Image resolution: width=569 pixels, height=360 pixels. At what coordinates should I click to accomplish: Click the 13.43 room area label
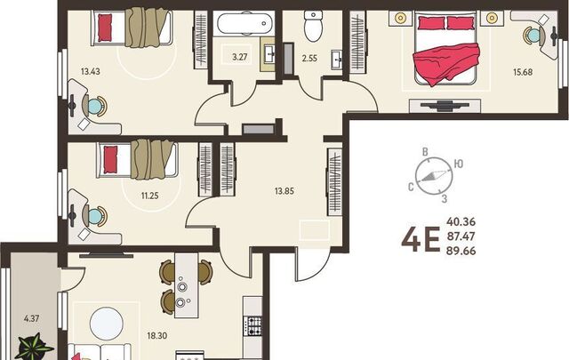(91, 71)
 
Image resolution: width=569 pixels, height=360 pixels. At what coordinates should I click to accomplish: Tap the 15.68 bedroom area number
(523, 72)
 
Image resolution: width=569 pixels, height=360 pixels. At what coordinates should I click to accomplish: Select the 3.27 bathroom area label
(240, 57)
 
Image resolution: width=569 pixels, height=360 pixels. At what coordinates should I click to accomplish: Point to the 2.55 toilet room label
(309, 58)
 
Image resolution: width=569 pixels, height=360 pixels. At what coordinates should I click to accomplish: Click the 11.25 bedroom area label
(150, 196)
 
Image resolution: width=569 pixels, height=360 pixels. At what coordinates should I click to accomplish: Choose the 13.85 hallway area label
(284, 191)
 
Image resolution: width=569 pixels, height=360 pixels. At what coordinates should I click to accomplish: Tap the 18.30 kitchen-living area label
(157, 336)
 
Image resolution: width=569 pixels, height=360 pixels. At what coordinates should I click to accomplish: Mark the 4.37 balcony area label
(32, 318)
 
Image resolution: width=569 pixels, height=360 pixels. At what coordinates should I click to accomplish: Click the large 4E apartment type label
(421, 239)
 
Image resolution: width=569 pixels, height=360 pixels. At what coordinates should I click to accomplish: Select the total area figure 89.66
(461, 251)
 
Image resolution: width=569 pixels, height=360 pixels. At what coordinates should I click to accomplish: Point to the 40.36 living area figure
(461, 221)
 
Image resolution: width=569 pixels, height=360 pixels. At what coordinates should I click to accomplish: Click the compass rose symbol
(434, 176)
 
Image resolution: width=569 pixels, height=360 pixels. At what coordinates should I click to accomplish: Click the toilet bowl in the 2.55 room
(313, 27)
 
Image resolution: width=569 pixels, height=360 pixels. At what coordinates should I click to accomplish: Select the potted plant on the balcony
(35, 348)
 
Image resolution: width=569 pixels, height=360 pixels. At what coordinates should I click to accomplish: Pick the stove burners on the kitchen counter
(253, 325)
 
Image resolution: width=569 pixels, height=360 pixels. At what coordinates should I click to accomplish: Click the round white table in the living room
(107, 324)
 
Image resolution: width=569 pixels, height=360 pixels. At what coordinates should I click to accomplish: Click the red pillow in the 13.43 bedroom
(105, 28)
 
